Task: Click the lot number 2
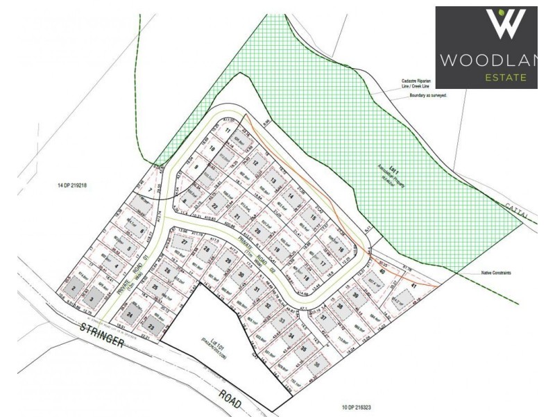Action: click(x=71, y=288)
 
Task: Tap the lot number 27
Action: click(x=184, y=241)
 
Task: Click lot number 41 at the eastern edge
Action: click(x=413, y=286)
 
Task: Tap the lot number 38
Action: click(x=340, y=305)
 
